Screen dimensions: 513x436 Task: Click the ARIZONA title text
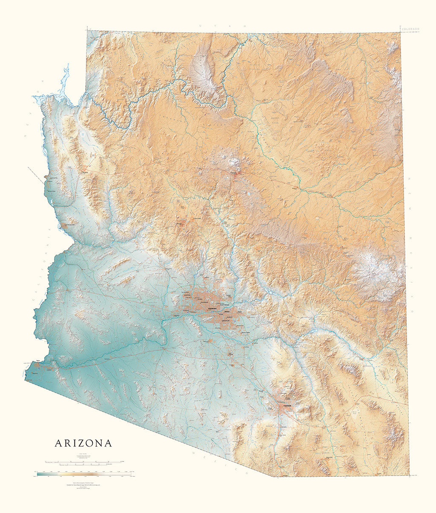(x=83, y=443)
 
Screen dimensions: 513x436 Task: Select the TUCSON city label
(x=286, y=407)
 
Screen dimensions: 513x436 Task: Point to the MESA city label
(x=227, y=311)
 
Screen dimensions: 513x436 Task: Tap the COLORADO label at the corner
(x=411, y=29)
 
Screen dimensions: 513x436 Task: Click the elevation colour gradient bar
(x=85, y=473)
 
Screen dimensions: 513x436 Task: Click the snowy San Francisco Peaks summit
(x=233, y=161)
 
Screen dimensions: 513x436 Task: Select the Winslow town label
(x=294, y=186)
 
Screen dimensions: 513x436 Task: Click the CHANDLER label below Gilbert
(x=226, y=321)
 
